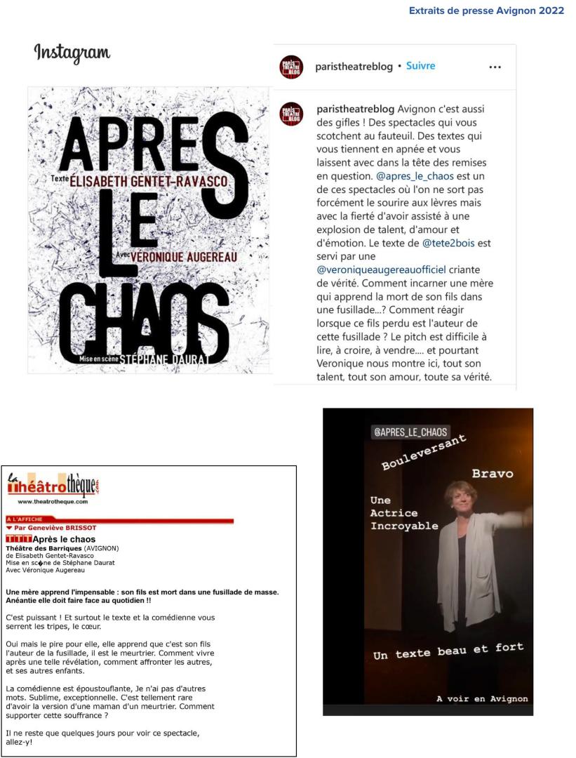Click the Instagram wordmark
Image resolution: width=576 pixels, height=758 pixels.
[x=71, y=53]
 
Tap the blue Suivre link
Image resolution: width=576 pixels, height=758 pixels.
[x=421, y=66]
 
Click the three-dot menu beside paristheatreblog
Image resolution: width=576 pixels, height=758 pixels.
[x=495, y=67]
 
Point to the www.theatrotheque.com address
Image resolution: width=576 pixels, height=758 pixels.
[x=57, y=502]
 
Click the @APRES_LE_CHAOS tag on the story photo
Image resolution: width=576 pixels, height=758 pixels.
[x=410, y=432]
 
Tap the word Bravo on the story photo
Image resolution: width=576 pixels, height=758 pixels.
[x=492, y=474]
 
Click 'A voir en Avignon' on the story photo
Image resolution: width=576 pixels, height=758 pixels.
[x=481, y=698]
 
